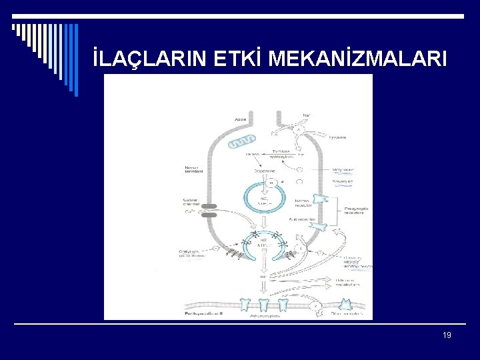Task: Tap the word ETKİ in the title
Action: click(x=239, y=60)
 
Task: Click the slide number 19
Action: click(x=447, y=335)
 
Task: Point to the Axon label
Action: click(x=241, y=120)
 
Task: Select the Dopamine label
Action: click(x=264, y=171)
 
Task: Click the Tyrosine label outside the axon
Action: click(x=337, y=137)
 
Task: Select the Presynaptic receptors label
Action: click(x=355, y=210)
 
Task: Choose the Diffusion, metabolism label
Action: click(x=347, y=283)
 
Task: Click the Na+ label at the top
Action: click(x=306, y=115)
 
